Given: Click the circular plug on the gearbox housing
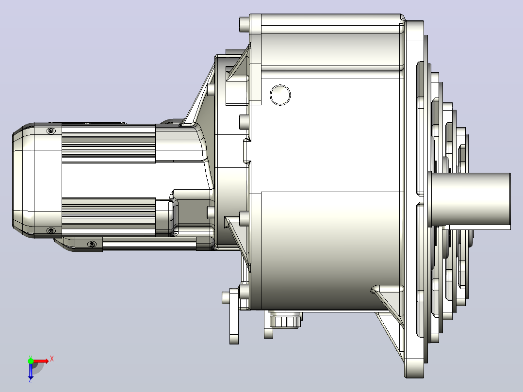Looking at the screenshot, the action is pos(280,95).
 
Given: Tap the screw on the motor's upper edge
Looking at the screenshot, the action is pos(50,131).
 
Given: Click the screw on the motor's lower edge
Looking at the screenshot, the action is pos(50,230).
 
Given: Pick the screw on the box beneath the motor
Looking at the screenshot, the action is pos(92,245).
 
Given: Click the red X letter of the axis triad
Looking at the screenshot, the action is pos(52,359).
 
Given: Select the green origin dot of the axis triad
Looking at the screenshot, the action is pos(31,361).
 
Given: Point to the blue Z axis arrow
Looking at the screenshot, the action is pos(31,371).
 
